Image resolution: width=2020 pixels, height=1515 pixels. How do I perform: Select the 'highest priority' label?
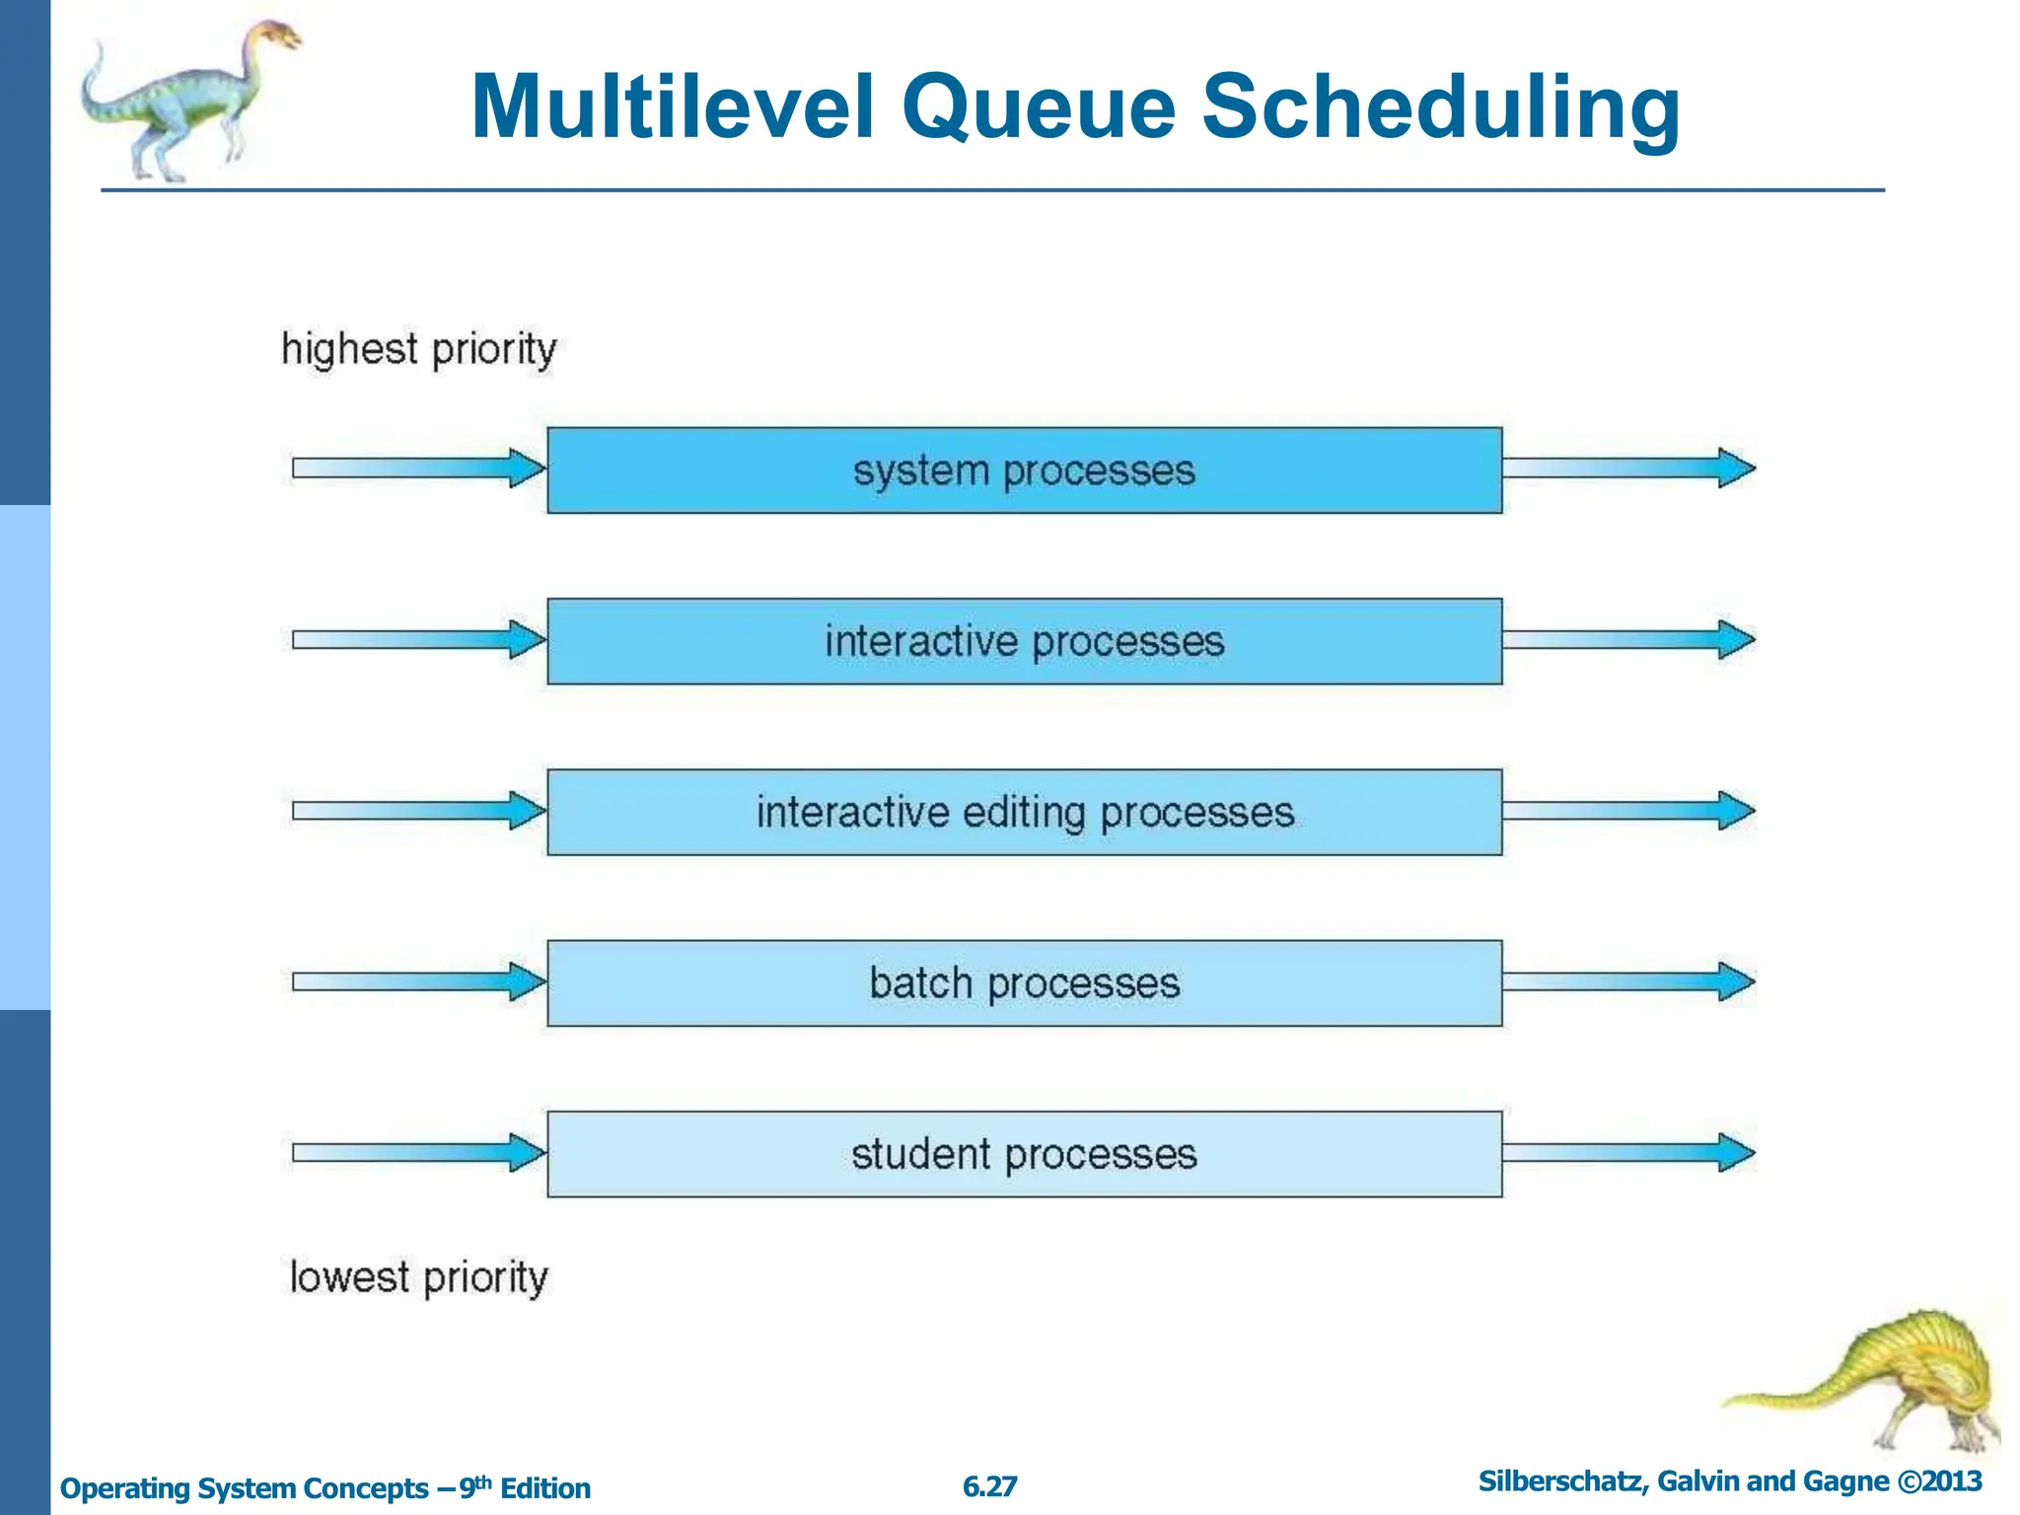click(418, 349)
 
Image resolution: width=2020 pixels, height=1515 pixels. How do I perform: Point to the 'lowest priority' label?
click(418, 1277)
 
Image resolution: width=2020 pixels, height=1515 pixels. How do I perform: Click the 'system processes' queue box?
click(1024, 470)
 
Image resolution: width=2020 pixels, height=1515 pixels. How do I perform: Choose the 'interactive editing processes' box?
click(1024, 812)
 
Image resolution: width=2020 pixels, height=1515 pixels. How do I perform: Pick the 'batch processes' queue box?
click(1024, 983)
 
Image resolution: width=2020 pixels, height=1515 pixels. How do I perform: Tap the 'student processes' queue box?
click(1024, 1154)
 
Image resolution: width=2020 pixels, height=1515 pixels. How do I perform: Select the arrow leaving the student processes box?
click(1627, 1152)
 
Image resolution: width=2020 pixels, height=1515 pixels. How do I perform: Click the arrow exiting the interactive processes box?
click(1627, 639)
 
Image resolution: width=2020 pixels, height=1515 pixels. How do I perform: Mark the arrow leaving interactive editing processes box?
click(1627, 810)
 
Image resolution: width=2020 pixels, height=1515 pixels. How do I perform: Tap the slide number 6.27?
click(989, 1486)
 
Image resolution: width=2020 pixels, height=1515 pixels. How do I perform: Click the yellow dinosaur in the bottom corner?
click(1874, 1381)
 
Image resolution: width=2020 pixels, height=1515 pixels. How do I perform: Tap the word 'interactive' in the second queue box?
click(920, 642)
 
